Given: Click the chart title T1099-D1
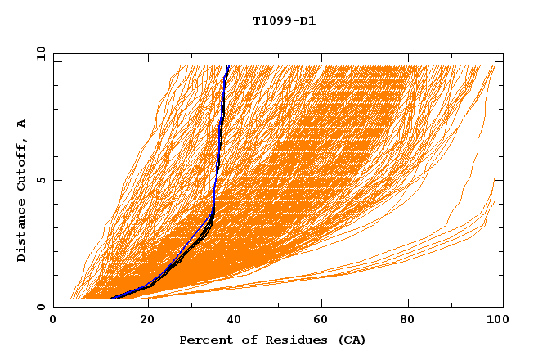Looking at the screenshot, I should [284, 20].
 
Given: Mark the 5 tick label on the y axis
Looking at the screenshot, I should [39, 180].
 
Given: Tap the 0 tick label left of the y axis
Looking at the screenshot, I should [39, 307].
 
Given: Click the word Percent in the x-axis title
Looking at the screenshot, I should [204, 340].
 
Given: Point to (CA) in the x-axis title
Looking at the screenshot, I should [351, 340].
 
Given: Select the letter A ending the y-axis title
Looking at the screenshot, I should [21, 123].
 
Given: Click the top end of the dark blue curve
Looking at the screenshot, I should [227, 66].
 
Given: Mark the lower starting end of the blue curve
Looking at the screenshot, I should [110, 299].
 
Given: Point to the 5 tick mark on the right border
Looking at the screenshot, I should [500, 180].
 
